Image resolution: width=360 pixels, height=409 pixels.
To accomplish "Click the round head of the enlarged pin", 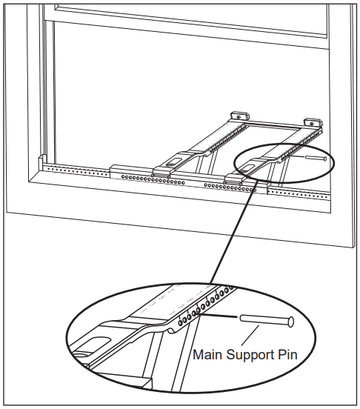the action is pyautogui.click(x=290, y=322).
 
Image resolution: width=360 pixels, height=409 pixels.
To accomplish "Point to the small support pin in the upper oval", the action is pyautogui.click(x=316, y=158).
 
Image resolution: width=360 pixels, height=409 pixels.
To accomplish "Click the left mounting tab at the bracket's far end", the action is pyautogui.click(x=239, y=116).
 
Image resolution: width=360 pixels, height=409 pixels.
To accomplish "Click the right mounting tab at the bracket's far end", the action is pyautogui.click(x=312, y=122).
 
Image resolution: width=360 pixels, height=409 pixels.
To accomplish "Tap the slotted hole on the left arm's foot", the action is pyautogui.click(x=173, y=162).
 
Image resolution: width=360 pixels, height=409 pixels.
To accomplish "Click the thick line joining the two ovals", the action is pyautogui.click(x=233, y=234).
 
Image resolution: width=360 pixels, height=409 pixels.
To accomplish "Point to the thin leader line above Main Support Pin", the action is pyautogui.click(x=250, y=336).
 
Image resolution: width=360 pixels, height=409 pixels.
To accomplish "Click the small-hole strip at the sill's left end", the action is pyautogui.click(x=78, y=171).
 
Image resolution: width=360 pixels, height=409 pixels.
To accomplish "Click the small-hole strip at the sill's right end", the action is pyautogui.click(x=299, y=194).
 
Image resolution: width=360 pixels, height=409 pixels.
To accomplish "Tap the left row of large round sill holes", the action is pyautogui.click(x=153, y=180).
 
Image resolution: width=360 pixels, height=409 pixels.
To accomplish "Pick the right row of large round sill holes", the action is pyautogui.click(x=230, y=187).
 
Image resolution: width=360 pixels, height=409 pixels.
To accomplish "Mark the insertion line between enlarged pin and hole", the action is pyautogui.click(x=219, y=316).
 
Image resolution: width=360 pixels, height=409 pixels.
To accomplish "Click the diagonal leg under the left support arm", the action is pyautogui.click(x=200, y=164).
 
